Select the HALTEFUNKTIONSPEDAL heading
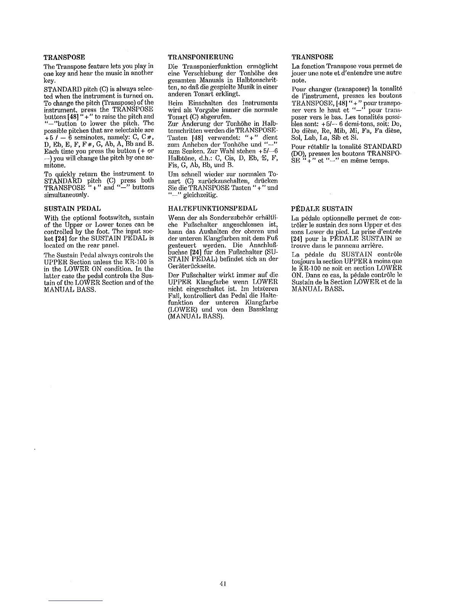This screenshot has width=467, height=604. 213,209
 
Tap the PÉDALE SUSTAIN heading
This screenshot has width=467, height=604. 322,209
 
